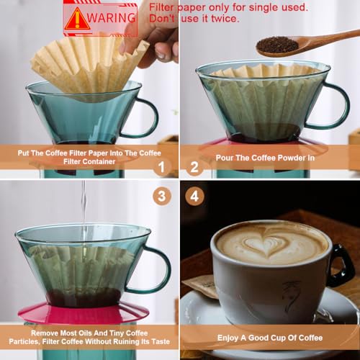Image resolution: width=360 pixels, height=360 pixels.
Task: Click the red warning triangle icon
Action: [x=77, y=19]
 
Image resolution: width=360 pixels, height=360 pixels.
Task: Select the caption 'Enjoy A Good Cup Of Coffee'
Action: [x=270, y=338]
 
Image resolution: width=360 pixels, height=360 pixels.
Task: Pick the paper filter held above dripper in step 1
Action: [x=86, y=65]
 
